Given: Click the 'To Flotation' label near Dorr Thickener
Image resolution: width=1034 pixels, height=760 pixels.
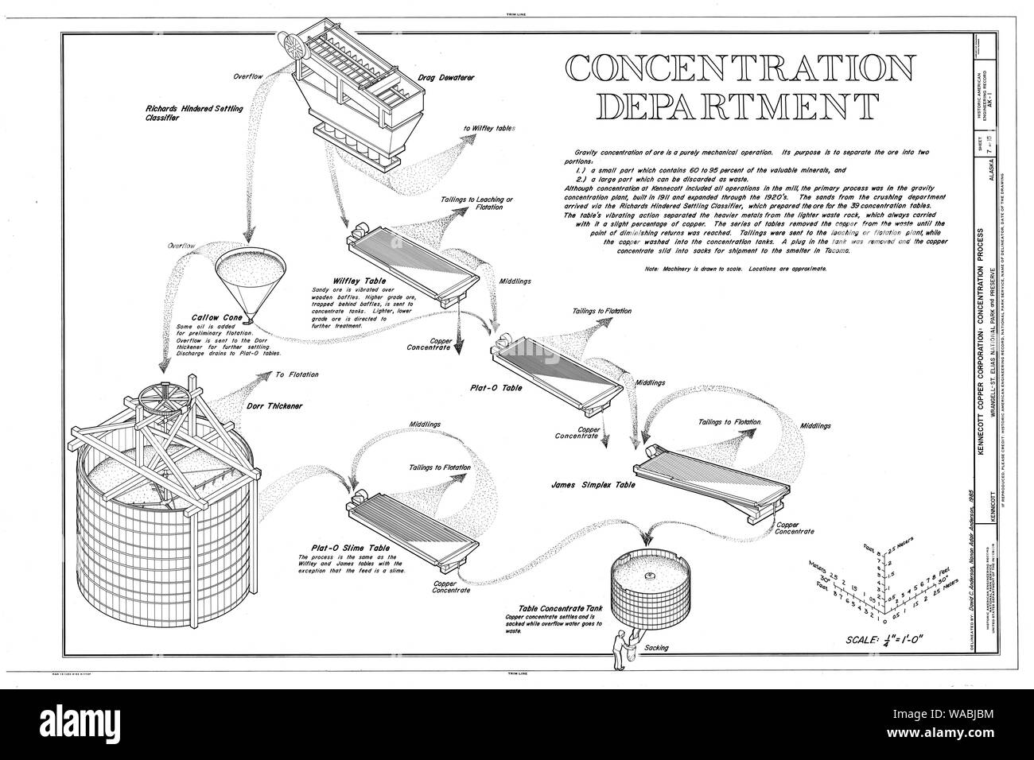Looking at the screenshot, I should click(x=297, y=374).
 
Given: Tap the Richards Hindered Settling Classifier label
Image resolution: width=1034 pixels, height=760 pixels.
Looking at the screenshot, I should click(x=194, y=111).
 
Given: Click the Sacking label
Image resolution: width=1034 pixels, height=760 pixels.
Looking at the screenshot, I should click(x=656, y=648).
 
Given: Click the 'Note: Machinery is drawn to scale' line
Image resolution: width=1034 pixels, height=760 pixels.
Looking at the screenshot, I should click(x=736, y=269).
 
